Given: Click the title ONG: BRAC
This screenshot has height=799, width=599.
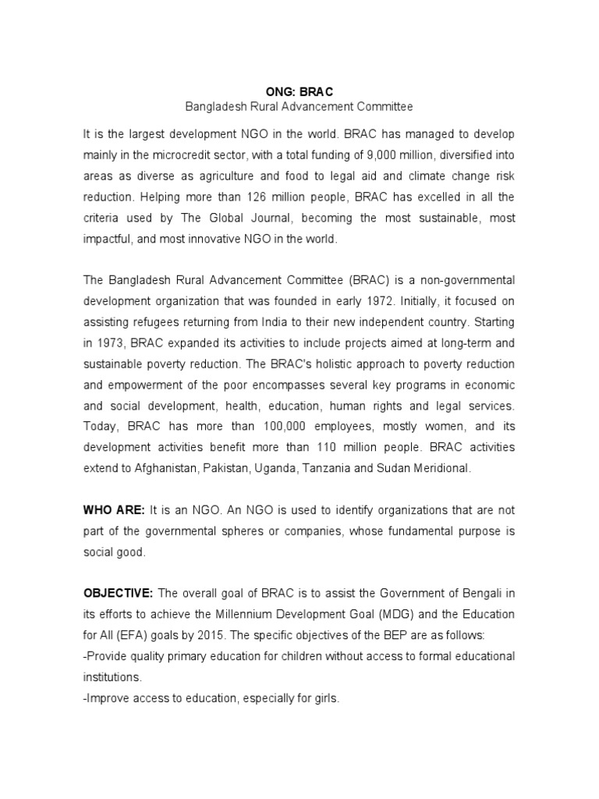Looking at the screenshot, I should [x=299, y=91].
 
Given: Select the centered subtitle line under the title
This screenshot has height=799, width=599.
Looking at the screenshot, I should [x=299, y=106].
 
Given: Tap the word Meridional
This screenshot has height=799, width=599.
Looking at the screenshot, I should [x=441, y=469].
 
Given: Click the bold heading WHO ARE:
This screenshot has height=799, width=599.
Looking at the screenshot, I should [x=114, y=510].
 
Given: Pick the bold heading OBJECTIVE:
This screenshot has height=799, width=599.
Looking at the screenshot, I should [x=119, y=594].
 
